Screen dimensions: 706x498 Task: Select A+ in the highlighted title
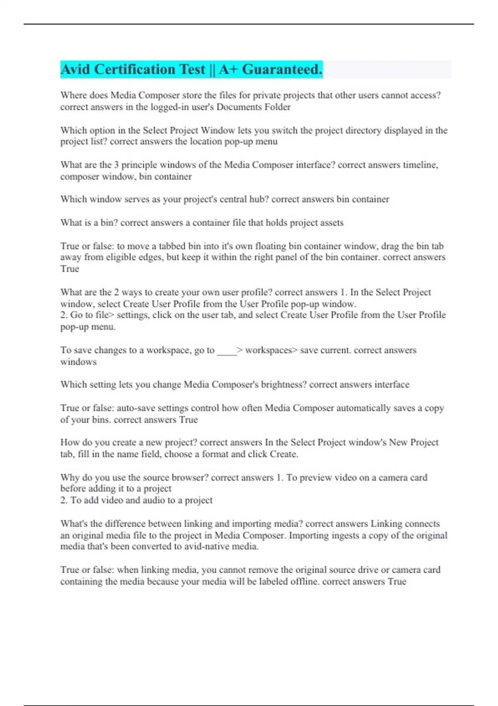pyautogui.click(x=228, y=69)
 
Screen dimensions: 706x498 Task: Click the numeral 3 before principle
pyautogui.click(x=117, y=165)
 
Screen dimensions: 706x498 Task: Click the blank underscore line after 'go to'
pyautogui.click(x=227, y=351)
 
